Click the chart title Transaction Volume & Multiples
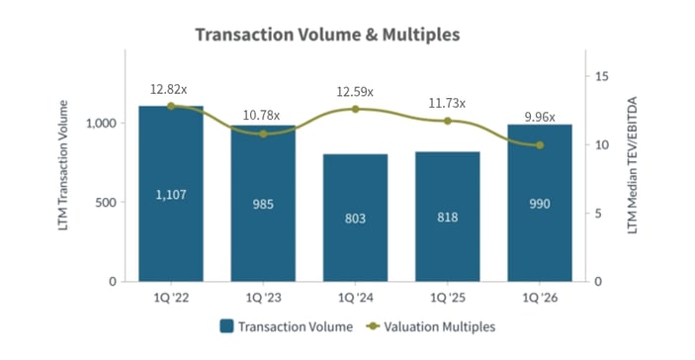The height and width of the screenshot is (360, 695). [327, 35]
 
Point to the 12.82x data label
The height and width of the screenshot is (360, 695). [169, 89]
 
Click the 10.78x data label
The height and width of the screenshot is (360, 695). [262, 116]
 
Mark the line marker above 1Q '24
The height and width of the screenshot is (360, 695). [355, 109]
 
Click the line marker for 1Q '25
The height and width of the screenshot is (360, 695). [447, 121]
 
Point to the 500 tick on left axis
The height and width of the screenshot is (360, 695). [108, 203]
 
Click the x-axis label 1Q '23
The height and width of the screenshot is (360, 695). [263, 298]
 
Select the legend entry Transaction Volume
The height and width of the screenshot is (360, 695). [283, 325]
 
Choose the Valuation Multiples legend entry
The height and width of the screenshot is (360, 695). [431, 325]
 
